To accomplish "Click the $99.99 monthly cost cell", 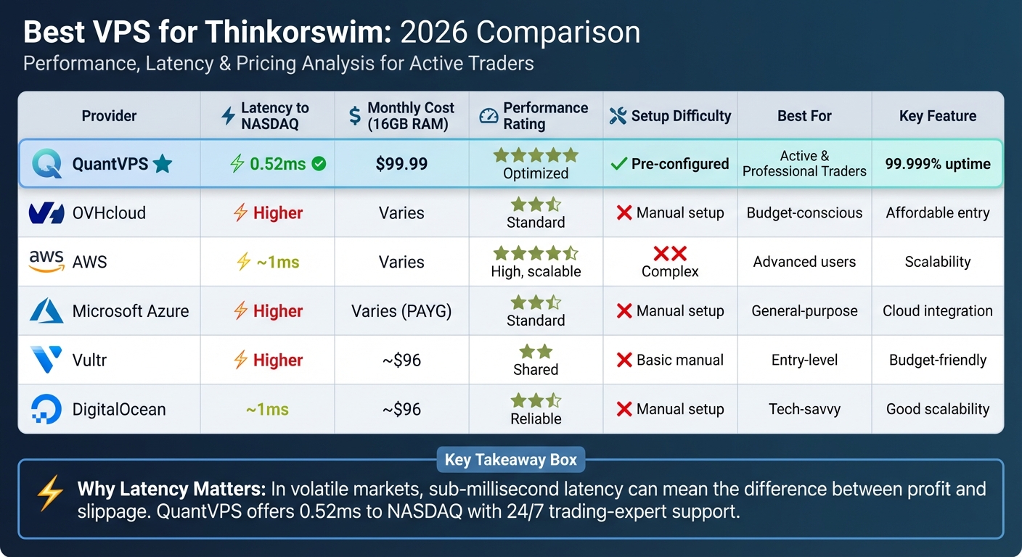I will pos(401,164).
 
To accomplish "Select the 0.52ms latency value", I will pos(277,164).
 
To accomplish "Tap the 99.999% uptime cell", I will pos(937,164).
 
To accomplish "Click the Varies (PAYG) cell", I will pos(401,311).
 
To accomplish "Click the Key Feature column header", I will pos(937,116).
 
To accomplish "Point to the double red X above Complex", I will pos(670,254).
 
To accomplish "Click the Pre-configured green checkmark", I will pos(618,164).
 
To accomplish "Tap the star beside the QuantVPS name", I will pos(163,165).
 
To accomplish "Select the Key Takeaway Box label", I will pos(510,460).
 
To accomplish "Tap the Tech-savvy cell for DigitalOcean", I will pos(804,409).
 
